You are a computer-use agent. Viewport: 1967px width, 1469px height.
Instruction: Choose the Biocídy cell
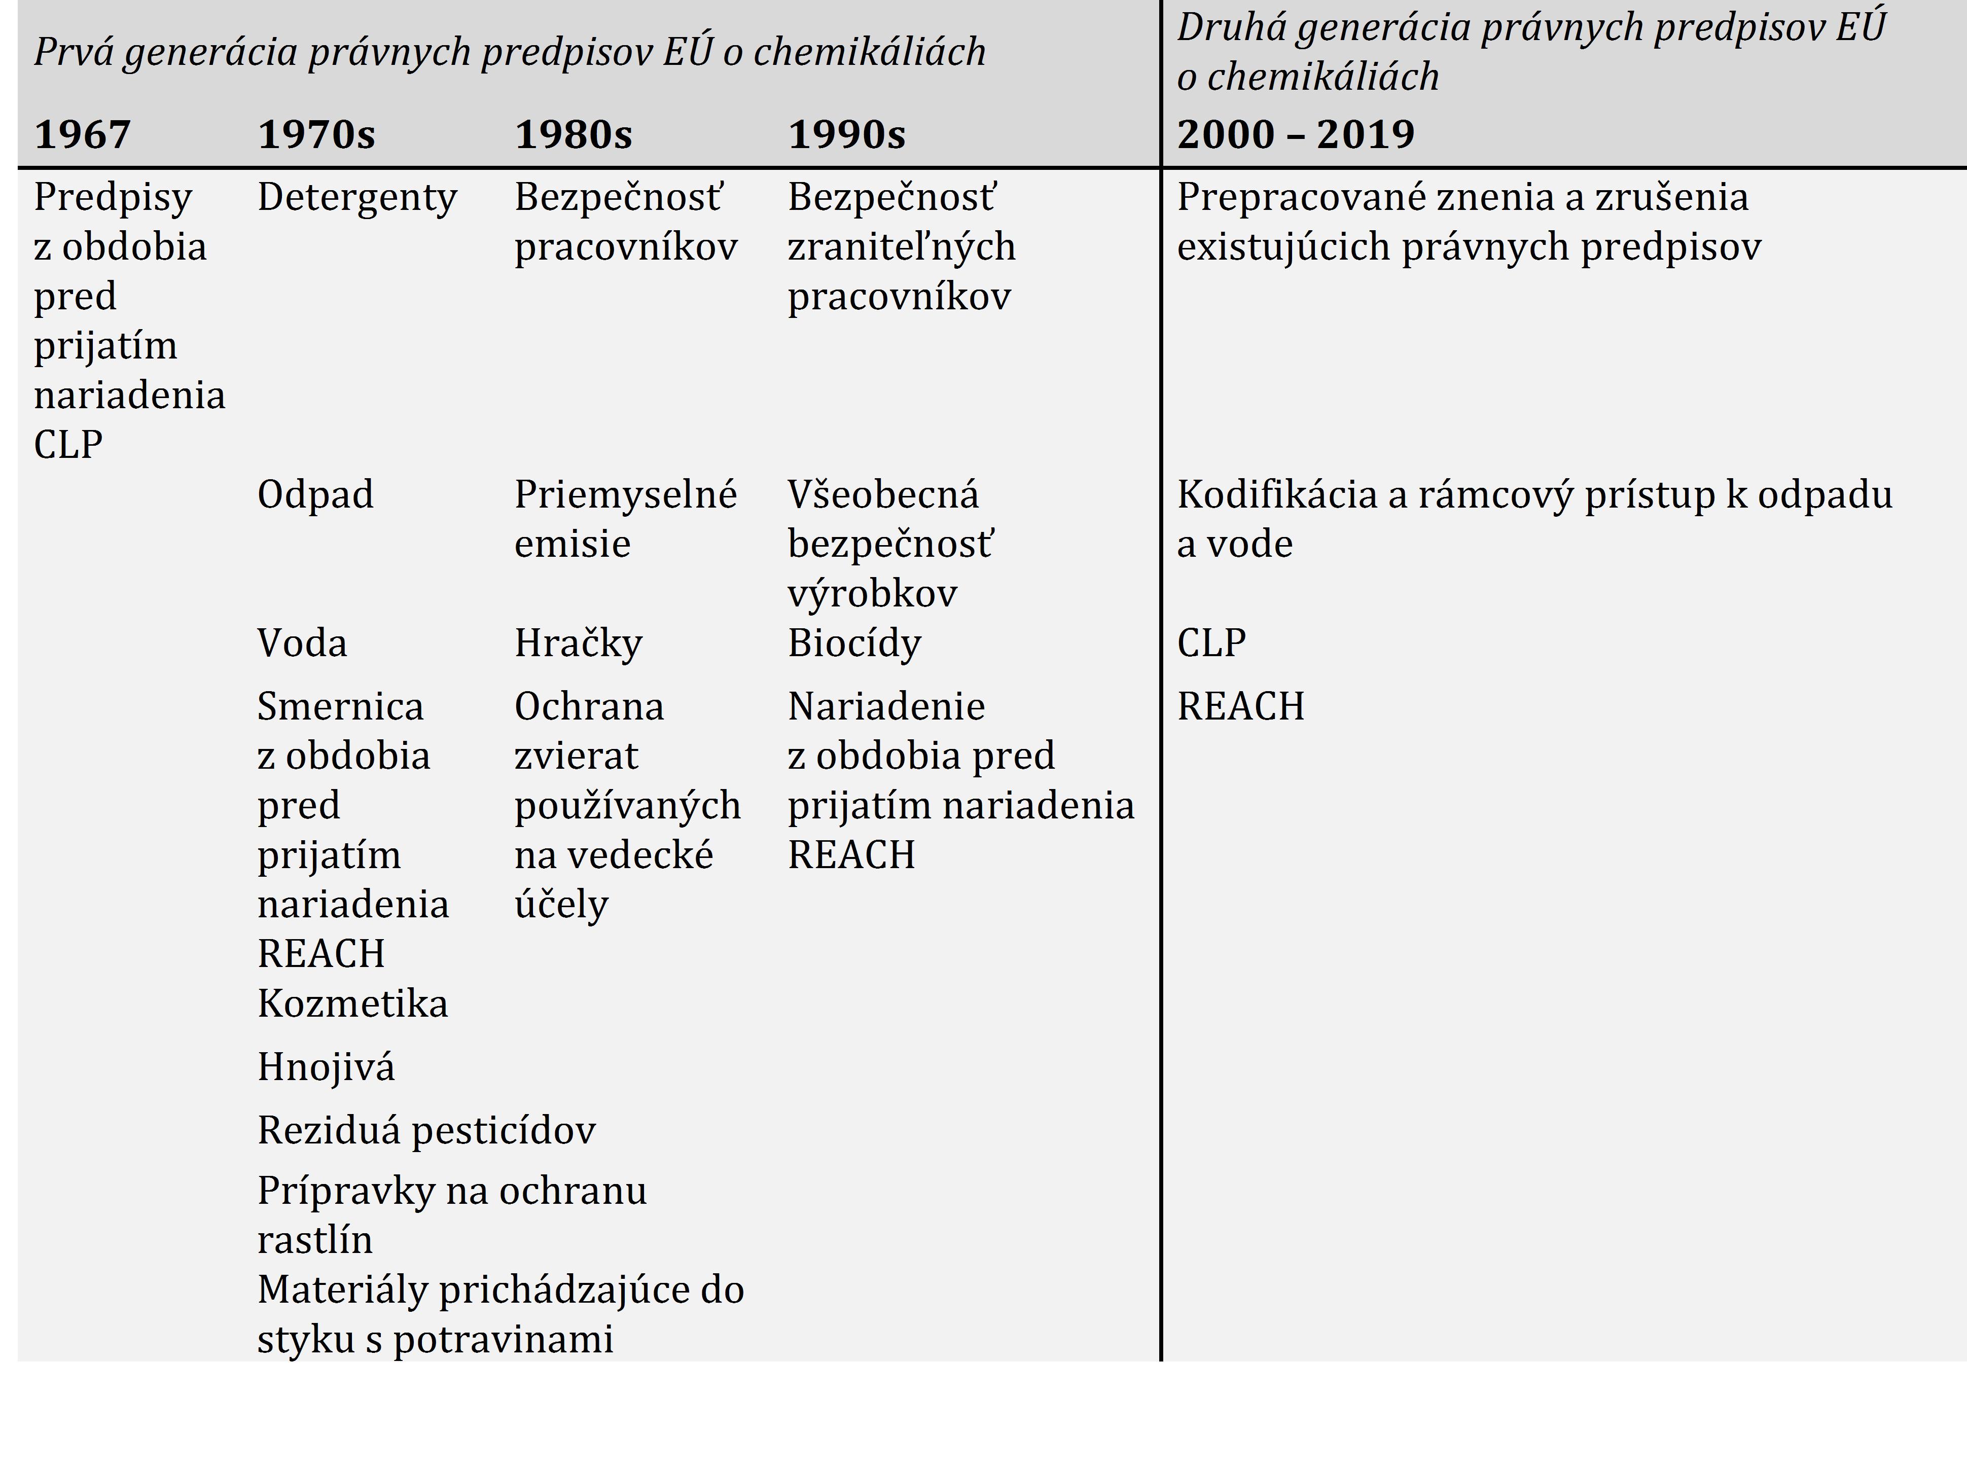[853, 643]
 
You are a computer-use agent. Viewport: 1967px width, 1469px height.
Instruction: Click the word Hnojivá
[326, 1067]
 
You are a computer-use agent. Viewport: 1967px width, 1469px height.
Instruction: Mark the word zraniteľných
[901, 247]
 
